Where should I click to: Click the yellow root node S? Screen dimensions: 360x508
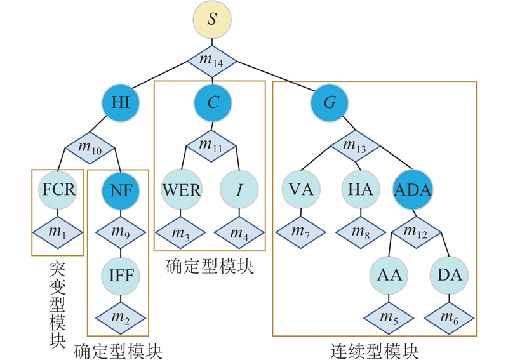(213, 18)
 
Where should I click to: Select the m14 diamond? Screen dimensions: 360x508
(213, 61)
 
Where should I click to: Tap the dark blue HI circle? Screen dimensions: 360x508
(121, 103)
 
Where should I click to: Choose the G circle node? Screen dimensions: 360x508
(331, 103)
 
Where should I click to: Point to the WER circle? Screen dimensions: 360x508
(181, 190)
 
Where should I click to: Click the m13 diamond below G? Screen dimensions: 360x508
(354, 146)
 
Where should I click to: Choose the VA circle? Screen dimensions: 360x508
(300, 190)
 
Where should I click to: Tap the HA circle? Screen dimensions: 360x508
(361, 190)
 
